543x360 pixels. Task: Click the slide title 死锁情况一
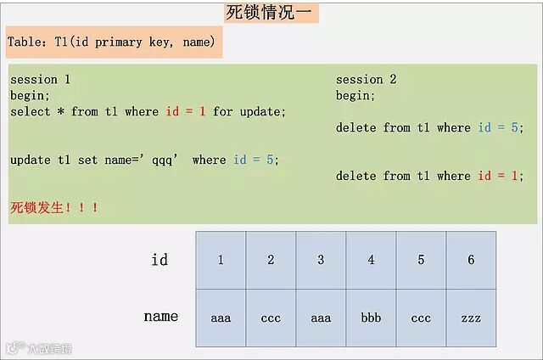(271, 13)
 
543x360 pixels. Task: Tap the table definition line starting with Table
(113, 42)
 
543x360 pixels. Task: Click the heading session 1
(40, 79)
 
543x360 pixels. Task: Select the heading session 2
(366, 79)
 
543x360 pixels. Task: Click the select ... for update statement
(148, 111)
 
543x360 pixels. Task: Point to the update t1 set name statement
(144, 160)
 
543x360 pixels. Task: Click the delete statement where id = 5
(429, 127)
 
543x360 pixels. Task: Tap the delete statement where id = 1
(429, 176)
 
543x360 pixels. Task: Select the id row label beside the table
(160, 260)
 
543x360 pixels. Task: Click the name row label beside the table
(160, 317)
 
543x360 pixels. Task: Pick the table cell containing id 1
(221, 260)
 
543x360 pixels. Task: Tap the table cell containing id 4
(371, 260)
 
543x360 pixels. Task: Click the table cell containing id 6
(471, 260)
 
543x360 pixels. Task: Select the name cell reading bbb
(371, 318)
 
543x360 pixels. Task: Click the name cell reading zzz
(471, 318)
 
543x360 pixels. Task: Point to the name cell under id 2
(271, 318)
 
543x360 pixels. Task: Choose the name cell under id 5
(421, 318)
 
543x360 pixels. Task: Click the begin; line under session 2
(355, 95)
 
